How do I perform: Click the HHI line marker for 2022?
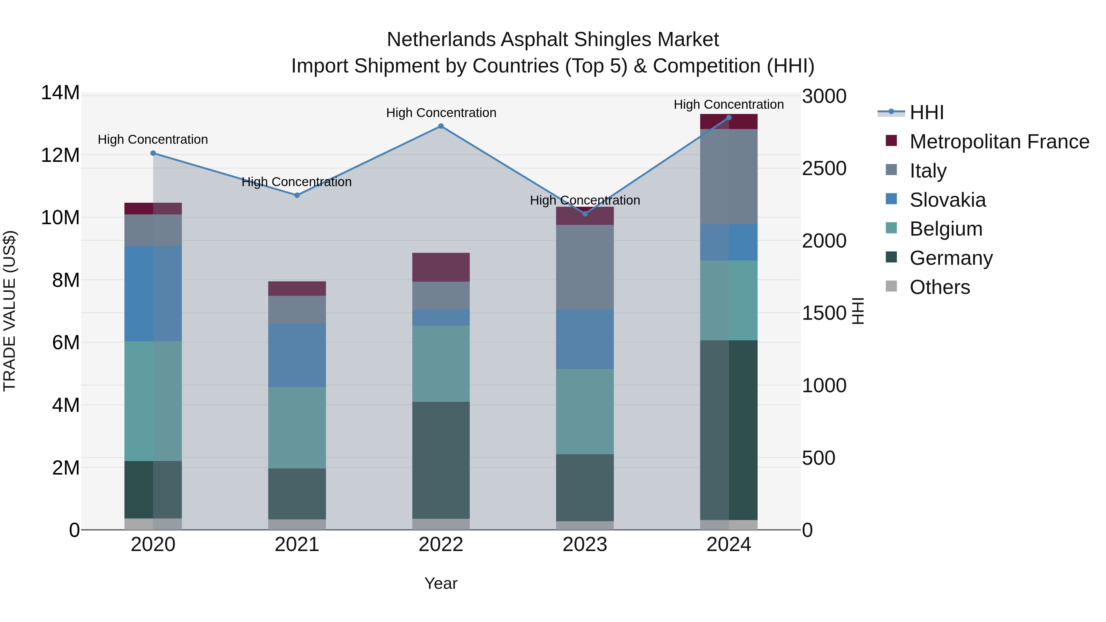[441, 126]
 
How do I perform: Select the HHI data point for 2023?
[585, 214]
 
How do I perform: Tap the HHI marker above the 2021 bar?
[297, 195]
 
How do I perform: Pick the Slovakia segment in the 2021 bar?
[297, 355]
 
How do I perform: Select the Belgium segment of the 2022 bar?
[441, 364]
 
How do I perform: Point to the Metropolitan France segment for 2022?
[441, 267]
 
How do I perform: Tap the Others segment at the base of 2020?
[153, 524]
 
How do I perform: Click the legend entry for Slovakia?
[947, 200]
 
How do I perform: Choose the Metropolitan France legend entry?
[999, 142]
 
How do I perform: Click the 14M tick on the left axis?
[60, 93]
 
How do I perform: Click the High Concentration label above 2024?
[729, 104]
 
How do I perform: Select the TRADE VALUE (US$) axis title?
[10, 311]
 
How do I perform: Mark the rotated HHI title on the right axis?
[857, 311]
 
